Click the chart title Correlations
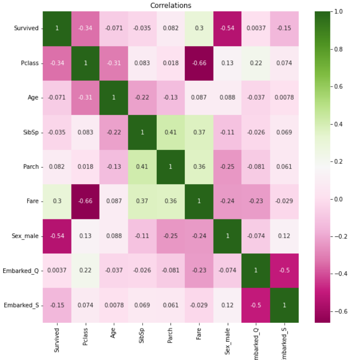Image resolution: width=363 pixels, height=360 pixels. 170,5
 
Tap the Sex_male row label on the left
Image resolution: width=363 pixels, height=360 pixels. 26,235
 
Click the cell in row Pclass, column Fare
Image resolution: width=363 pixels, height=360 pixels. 199,63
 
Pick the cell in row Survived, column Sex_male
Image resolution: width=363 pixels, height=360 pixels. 227,28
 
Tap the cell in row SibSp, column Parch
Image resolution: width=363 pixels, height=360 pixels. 170,132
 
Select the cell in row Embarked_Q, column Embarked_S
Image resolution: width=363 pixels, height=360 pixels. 284,270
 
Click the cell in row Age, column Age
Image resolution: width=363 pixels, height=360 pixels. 114,97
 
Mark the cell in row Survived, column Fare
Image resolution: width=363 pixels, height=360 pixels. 199,28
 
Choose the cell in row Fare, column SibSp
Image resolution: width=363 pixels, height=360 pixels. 142,201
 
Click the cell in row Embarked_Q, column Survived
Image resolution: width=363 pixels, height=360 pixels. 57,270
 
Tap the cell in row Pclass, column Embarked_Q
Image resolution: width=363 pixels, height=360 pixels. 256,63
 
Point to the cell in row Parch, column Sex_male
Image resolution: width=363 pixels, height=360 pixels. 227,167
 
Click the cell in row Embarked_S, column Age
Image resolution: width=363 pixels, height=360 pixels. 114,305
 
